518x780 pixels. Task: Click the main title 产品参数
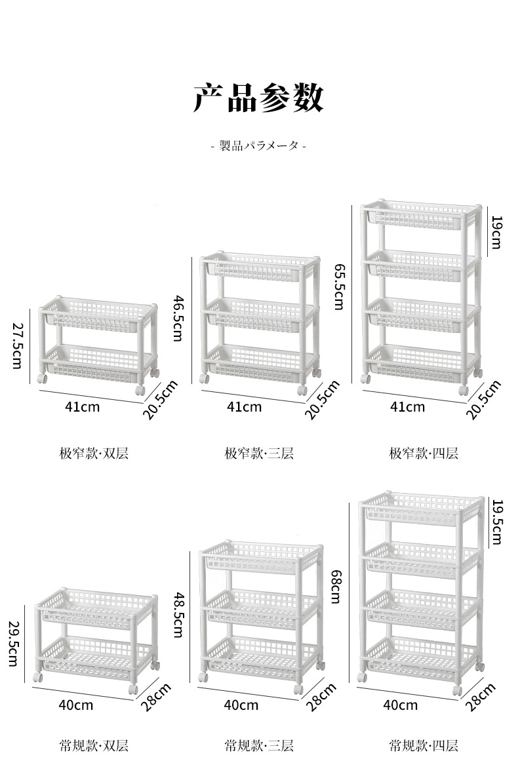click(x=258, y=98)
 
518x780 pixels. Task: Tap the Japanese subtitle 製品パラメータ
click(x=259, y=146)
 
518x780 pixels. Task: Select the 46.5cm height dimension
click(x=178, y=318)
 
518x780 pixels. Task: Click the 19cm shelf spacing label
click(x=496, y=232)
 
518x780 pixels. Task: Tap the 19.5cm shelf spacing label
click(x=497, y=522)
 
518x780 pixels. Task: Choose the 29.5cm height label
click(x=13, y=643)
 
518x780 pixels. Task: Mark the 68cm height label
click(x=336, y=587)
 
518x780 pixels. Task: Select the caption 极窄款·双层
click(x=94, y=453)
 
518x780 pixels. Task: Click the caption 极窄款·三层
click(x=259, y=453)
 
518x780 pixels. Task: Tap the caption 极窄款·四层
click(x=424, y=453)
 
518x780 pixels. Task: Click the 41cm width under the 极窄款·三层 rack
click(x=245, y=407)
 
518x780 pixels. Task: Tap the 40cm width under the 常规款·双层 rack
click(x=76, y=705)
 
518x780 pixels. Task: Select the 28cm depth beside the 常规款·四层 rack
click(x=481, y=697)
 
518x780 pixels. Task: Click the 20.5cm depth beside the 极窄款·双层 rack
click(x=160, y=400)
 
